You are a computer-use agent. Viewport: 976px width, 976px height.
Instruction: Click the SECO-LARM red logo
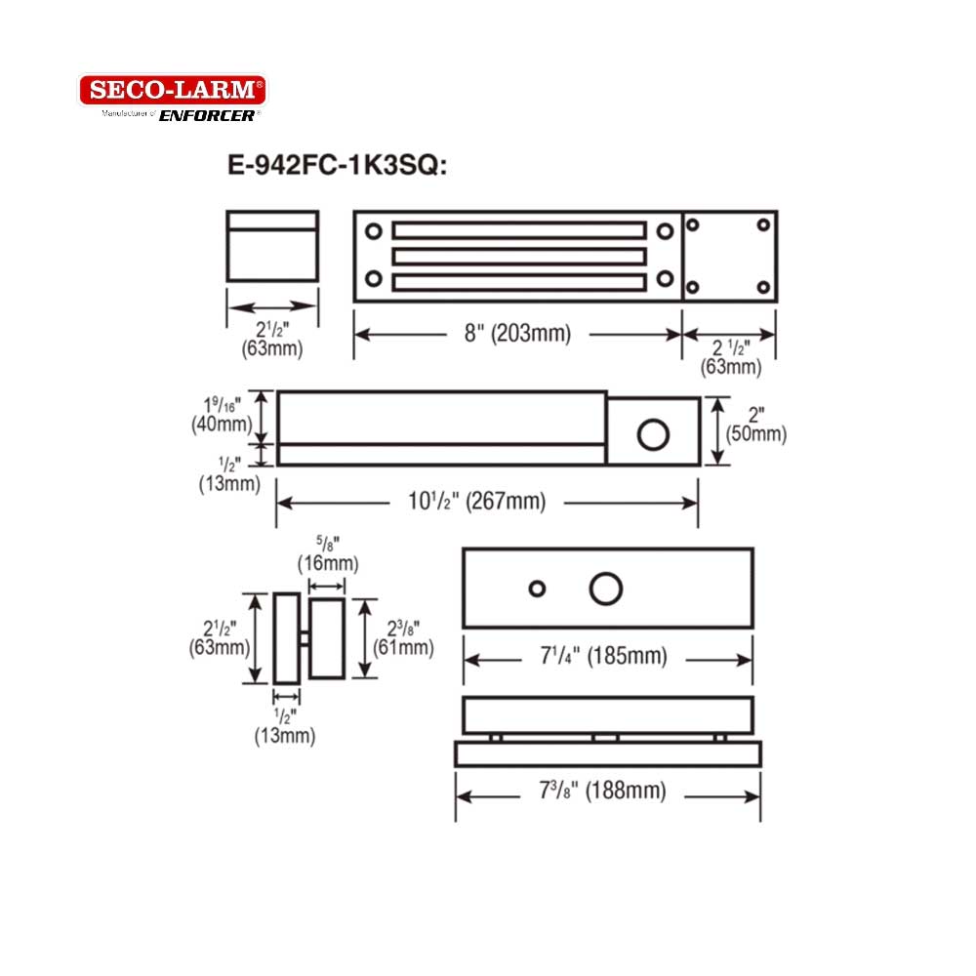pos(172,91)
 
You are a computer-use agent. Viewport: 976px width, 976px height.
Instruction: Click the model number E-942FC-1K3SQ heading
pos(337,166)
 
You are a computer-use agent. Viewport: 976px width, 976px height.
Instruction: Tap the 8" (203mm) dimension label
pos(517,334)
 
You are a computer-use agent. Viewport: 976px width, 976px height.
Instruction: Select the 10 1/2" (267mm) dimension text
pos(476,502)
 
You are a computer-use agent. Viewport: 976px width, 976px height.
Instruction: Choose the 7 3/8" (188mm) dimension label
pos(606,793)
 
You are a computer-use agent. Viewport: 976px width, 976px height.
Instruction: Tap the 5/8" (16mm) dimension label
pos(327,554)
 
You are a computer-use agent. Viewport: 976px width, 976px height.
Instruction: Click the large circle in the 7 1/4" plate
pos(606,589)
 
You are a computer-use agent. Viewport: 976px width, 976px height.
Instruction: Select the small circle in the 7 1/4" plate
pos(537,589)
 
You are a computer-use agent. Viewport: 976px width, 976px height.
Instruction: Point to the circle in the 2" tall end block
pos(653,433)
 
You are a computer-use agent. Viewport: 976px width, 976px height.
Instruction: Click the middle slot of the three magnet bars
pos(518,256)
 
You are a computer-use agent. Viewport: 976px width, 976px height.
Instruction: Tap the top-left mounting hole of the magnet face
pos(374,231)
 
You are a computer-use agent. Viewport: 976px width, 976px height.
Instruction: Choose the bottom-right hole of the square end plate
pos(763,288)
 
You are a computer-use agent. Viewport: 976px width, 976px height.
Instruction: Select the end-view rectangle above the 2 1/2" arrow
pos(272,246)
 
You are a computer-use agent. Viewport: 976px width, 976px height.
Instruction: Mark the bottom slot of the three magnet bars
pos(518,282)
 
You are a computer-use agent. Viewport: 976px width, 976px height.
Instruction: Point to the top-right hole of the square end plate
pos(763,224)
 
